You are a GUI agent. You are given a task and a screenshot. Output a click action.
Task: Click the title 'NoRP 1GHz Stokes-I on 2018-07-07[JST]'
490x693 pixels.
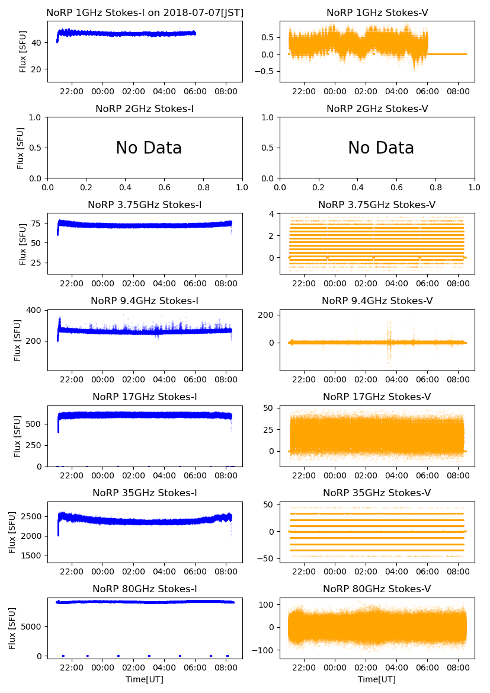[145, 12]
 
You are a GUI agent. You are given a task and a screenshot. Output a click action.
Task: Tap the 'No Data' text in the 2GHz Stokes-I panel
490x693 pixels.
[149, 148]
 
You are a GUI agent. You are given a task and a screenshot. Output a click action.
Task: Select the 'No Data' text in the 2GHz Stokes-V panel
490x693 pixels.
[381, 148]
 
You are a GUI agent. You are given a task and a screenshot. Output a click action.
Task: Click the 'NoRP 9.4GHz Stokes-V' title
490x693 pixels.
[377, 301]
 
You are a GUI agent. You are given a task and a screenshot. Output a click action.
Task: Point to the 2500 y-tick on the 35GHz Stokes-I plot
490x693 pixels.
[34, 516]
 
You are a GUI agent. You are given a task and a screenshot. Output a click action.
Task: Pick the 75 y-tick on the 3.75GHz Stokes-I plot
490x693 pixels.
[38, 223]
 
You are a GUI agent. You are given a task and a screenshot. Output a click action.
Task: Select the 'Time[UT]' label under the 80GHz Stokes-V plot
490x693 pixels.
[377, 679]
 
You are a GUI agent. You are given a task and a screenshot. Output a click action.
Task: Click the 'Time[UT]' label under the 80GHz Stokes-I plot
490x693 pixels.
[145, 679]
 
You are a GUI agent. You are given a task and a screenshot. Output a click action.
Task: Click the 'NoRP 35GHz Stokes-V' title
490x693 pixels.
[377, 493]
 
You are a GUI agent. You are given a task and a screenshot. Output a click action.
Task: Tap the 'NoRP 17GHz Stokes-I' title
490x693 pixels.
[145, 397]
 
